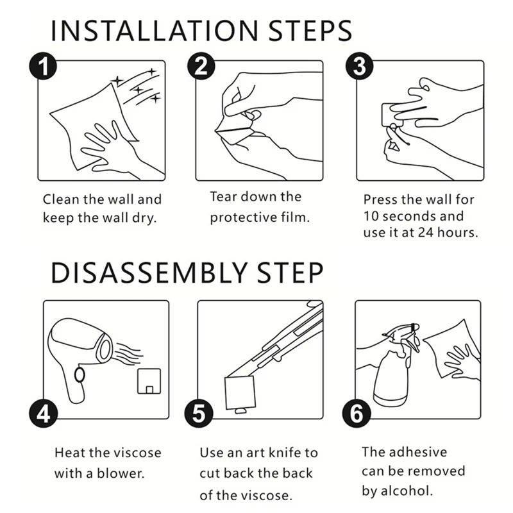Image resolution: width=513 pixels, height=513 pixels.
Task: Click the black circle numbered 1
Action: tap(43, 66)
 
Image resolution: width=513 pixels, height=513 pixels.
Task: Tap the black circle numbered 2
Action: tap(201, 66)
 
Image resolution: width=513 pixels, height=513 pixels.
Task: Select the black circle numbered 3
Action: tap(360, 66)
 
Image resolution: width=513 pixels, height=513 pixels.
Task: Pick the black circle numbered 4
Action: tap(43, 414)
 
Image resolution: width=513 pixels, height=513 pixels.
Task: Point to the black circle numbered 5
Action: tap(199, 414)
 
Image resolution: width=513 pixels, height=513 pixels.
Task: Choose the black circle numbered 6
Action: tap(357, 414)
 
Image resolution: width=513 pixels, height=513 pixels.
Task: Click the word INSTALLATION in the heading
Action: tap(155, 31)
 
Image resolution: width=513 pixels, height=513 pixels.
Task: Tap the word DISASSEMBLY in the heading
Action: tap(149, 273)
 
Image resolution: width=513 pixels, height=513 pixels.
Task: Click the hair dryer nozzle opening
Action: tap(105, 349)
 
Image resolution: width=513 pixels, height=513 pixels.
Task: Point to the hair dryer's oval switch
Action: tap(80, 375)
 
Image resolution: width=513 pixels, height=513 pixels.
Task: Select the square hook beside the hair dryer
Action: tap(149, 381)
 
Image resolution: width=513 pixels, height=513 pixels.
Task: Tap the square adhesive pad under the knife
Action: tap(240, 392)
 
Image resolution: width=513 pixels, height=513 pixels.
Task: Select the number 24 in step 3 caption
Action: tap(425, 232)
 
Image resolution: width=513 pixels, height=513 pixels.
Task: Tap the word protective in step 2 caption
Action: tap(244, 217)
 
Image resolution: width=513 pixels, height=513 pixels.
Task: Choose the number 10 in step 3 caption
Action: tap(371, 216)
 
